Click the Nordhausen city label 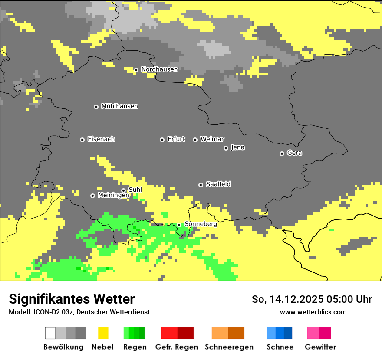[x=159, y=69]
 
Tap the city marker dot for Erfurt [x=162, y=140]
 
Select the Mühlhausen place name [x=119, y=106]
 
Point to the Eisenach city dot [x=82, y=140]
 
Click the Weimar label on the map [x=212, y=139]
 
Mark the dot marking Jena [x=226, y=148]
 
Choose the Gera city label [x=294, y=153]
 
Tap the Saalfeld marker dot [x=201, y=185]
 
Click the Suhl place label [x=135, y=190]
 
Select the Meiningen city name [x=113, y=196]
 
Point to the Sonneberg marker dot [x=179, y=225]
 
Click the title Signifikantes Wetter [x=72, y=299]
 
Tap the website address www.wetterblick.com [x=313, y=312]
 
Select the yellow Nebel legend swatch [x=103, y=333]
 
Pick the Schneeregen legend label [x=229, y=347]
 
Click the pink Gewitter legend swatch [x=313, y=333]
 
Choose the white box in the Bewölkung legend [x=50, y=333]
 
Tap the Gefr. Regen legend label [x=176, y=347]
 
